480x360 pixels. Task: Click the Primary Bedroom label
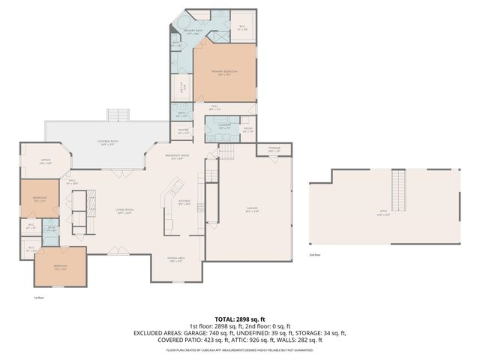click(x=227, y=73)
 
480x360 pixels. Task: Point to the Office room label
click(x=44, y=162)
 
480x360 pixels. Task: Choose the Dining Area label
click(x=176, y=259)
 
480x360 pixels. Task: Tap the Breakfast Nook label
click(x=177, y=157)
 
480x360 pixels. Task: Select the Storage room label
click(x=274, y=151)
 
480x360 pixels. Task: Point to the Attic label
click(x=383, y=213)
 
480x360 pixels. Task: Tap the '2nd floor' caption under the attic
click(x=316, y=255)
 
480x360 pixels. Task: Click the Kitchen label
click(x=184, y=202)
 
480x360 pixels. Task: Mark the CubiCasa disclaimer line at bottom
click(x=240, y=349)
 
